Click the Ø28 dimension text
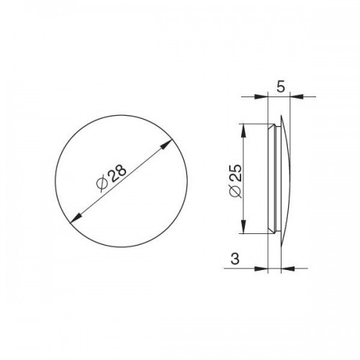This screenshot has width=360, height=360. pos(111,178)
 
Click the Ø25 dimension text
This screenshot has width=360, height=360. pos(235,181)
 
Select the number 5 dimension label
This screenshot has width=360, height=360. pos(281,86)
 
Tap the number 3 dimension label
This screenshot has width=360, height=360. pos(235,259)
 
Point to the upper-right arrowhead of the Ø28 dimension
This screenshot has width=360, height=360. pos(166,145)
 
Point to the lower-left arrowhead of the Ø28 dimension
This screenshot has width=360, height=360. pos(76,218)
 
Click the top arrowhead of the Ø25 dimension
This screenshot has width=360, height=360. pos(243,131)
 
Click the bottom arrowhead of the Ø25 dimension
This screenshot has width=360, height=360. pos(243,226)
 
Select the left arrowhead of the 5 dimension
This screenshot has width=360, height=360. pos(261,96)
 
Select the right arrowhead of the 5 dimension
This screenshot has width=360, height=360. pos(297,96)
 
